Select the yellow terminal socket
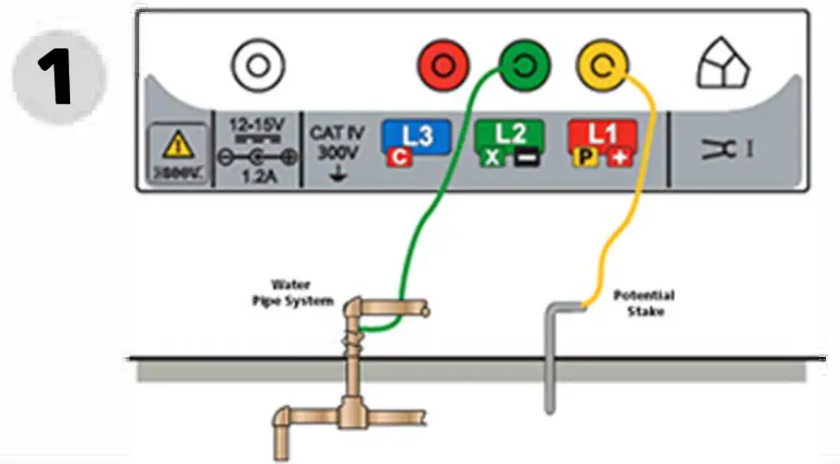(602, 66)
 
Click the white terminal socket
(258, 66)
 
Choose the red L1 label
(602, 135)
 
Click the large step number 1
(59, 76)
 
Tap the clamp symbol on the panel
(727, 148)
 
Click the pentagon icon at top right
(723, 66)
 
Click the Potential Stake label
(644, 303)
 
